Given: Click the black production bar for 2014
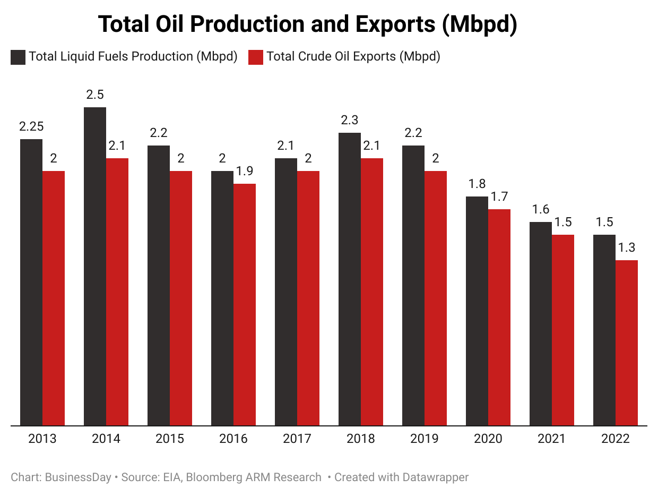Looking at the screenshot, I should coord(95,266).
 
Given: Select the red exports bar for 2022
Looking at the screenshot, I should coord(627,343).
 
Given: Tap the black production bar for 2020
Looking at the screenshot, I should coord(477,311).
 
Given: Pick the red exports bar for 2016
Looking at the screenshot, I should coord(245,304).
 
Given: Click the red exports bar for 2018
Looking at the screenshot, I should coord(372,292).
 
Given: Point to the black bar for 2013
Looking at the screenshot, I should coord(31,282).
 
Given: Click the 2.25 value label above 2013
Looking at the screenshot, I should coord(31,126).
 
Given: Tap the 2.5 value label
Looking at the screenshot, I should coord(95,95).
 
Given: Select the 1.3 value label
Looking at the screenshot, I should coord(627,247).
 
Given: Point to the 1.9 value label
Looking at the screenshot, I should coord(245,171).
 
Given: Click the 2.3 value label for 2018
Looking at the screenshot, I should coord(350,120).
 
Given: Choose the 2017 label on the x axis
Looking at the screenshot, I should coord(297,439).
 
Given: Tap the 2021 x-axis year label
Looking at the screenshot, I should coord(552,439).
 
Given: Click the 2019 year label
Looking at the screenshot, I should coord(425,439).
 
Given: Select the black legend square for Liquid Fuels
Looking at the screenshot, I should coord(18,57).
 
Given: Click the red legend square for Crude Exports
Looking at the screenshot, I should coord(256,57).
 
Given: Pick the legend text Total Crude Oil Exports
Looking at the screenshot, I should coord(353,56).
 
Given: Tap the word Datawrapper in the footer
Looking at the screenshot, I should coord(435,477).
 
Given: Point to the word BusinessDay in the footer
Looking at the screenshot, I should coord(78,477).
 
